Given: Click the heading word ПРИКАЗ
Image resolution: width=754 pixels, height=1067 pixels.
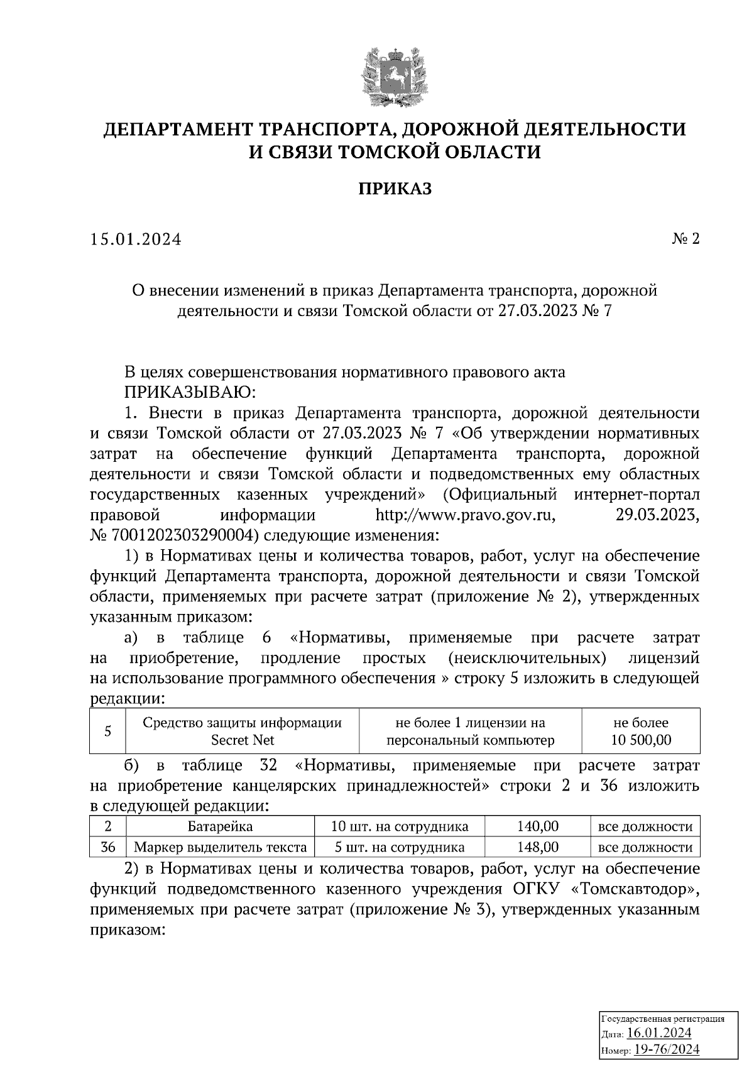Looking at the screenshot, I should [395, 189].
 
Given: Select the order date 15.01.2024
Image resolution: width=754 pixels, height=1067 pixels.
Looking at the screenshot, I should [135, 239].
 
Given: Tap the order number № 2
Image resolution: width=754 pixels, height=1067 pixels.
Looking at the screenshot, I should [686, 239].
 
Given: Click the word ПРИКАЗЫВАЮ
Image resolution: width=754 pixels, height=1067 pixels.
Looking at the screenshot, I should [190, 393].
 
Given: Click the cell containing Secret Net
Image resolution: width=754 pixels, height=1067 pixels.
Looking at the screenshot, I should [243, 731].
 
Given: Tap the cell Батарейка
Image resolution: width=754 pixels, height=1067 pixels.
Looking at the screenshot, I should [220, 826].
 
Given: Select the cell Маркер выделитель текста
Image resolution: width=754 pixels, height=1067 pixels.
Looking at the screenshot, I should [220, 847].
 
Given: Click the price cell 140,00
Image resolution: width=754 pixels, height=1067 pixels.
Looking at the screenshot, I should [538, 826].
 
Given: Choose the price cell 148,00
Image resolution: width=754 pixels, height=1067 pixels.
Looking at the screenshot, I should [538, 847].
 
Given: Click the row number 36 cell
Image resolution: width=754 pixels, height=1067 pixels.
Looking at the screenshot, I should [107, 847].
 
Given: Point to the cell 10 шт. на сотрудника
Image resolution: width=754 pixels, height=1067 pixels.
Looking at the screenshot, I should [400, 826].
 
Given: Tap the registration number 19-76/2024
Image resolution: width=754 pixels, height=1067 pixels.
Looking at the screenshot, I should [667, 1049].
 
